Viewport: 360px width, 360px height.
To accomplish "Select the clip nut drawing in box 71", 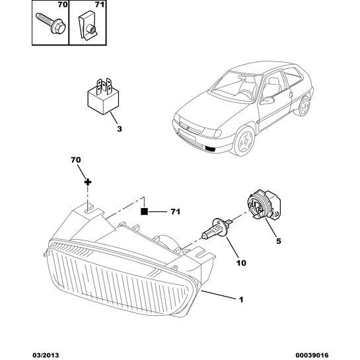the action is tap(88, 28).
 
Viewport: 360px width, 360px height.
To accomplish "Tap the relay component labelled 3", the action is tap(103, 96).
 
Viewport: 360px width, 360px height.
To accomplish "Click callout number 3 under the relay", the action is tap(120, 129).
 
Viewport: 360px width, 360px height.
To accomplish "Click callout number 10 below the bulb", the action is tap(241, 263).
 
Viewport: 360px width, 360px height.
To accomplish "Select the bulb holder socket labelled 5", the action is tap(264, 204).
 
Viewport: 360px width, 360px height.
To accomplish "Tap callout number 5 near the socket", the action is tap(279, 241).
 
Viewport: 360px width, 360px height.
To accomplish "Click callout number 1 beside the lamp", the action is tap(241, 299).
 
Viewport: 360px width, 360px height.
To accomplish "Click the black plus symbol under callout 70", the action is tap(88, 182).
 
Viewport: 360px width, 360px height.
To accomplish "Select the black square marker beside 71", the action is tap(144, 211).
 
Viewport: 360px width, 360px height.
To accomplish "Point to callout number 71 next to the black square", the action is tap(176, 211).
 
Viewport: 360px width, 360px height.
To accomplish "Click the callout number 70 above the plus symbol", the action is tap(76, 160).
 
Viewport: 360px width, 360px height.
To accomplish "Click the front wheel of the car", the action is tap(244, 141).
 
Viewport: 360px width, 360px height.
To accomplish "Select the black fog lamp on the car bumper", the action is tap(210, 149).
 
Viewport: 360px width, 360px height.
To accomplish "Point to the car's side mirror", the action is tap(267, 100).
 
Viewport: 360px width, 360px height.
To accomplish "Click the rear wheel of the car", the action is tap(305, 106).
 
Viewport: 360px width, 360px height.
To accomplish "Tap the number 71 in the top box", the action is tap(100, 5).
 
